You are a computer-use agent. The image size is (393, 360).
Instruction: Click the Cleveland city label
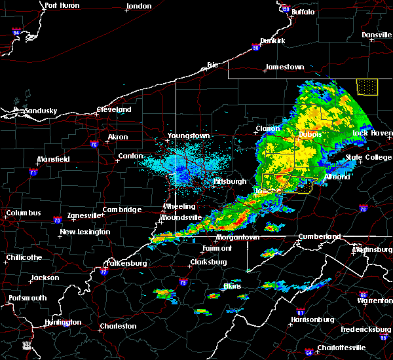(x=114, y=110)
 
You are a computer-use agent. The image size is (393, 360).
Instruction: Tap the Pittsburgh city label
(x=231, y=181)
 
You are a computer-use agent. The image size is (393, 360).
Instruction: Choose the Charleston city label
(x=118, y=326)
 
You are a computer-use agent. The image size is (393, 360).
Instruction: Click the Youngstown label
(x=189, y=135)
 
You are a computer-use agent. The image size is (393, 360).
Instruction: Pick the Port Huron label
(x=62, y=5)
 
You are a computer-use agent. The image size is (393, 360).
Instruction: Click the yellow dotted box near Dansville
(x=367, y=86)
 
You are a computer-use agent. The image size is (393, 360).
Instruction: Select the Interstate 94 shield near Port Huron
(x=16, y=31)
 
